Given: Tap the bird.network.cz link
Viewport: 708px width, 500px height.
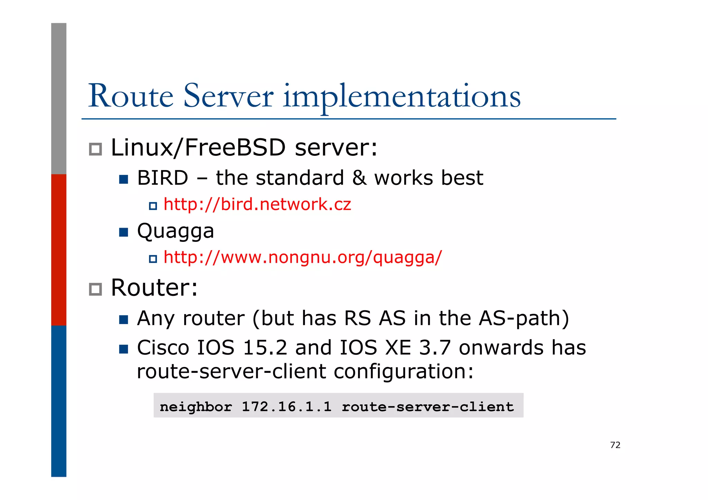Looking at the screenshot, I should click(x=257, y=204).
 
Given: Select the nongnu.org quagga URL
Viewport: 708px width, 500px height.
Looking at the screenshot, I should click(x=302, y=257).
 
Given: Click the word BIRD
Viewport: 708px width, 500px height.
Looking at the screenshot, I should click(x=162, y=178).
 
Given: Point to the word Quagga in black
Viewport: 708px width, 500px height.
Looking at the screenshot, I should click(x=176, y=231).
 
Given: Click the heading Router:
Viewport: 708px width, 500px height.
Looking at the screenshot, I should click(x=154, y=287).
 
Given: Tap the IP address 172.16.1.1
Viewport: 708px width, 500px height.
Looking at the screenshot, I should click(x=286, y=406).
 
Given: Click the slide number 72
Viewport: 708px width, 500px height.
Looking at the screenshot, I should click(x=615, y=445).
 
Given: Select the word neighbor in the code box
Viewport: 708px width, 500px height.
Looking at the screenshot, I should click(x=196, y=406).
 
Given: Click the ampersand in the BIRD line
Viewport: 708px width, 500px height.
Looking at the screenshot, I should click(x=359, y=178).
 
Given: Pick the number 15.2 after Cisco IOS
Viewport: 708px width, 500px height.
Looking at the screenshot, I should click(x=265, y=348).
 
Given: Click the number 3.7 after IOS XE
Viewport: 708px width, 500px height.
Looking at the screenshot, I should click(x=435, y=348).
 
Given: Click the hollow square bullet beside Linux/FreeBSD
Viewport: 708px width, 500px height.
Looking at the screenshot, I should click(x=95, y=149).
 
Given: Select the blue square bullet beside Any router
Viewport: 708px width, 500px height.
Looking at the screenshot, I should click(x=123, y=319).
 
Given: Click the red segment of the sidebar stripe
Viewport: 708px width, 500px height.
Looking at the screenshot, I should click(x=59, y=249).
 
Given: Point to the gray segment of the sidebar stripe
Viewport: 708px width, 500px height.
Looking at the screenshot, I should click(x=59, y=98).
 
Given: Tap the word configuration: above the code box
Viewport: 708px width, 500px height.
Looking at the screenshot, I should click(x=403, y=372).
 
